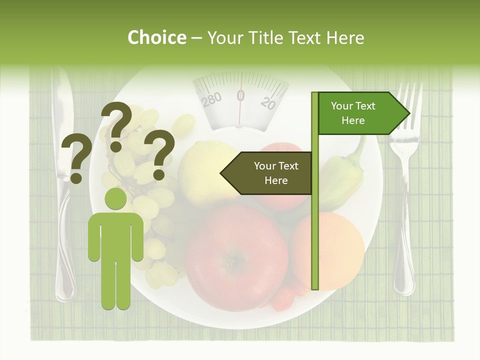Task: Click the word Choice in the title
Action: point(156,37)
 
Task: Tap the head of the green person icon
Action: point(115,199)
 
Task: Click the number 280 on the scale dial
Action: point(211,99)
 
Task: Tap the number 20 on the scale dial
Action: point(268,102)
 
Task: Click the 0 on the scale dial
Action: point(240,95)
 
